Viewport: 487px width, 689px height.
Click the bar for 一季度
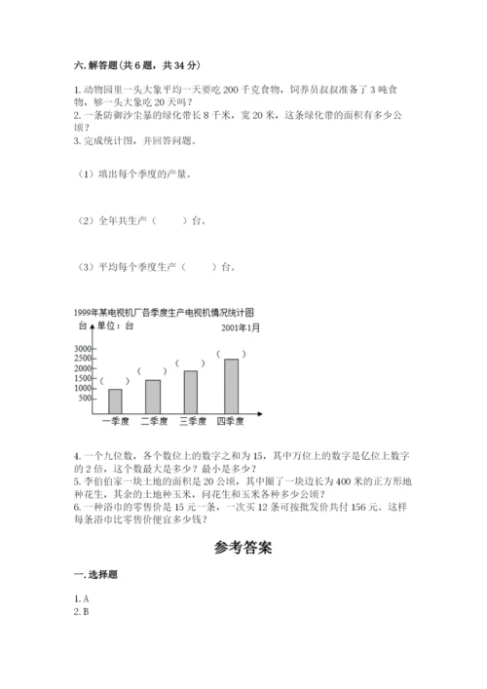tap(115, 402)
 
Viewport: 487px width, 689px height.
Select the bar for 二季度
tap(153, 397)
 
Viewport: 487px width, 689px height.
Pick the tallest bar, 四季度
tap(231, 386)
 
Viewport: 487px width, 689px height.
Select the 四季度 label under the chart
tap(231, 422)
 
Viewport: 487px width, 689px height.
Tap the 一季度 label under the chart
tap(116, 422)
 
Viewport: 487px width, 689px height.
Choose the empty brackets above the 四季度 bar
tap(230, 353)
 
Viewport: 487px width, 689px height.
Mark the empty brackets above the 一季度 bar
tap(114, 381)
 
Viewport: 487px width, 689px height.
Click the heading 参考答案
tap(243, 548)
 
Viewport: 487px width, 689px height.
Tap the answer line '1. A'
tap(82, 597)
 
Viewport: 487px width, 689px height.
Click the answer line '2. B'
tap(82, 611)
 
